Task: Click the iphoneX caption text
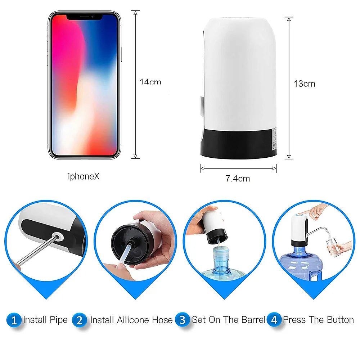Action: point(84,176)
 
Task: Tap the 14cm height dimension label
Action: point(150,82)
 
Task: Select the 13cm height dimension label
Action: point(304,84)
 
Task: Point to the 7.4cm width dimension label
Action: point(238,178)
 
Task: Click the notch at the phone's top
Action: point(84,17)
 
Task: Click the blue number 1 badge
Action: point(14,320)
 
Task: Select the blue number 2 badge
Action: point(80,320)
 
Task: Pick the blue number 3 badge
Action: point(183,320)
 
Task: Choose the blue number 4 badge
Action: point(274,320)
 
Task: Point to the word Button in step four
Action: point(340,320)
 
